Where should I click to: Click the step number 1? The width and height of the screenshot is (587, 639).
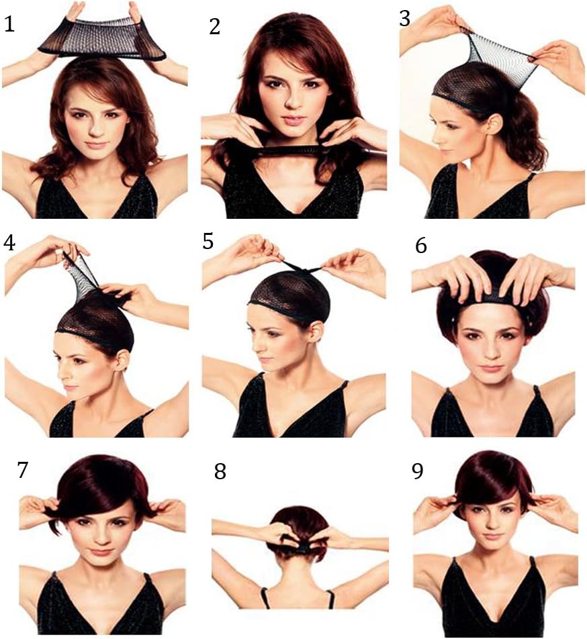[9, 24]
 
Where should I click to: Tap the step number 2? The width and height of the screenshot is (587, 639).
[215, 26]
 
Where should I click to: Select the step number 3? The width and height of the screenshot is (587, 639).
[404, 19]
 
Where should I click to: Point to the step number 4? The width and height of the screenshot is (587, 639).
[9, 243]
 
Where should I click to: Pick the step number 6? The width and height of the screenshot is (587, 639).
[420, 246]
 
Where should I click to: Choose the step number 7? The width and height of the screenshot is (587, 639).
[23, 470]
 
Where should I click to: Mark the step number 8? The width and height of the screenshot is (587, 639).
[220, 471]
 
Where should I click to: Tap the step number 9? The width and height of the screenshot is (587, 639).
[418, 471]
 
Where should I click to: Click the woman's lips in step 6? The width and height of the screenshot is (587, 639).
[491, 368]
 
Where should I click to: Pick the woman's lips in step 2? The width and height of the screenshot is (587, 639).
[292, 121]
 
